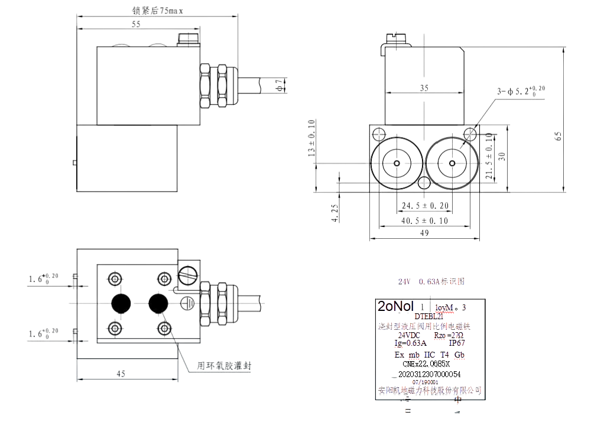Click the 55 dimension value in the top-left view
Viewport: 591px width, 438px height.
136,24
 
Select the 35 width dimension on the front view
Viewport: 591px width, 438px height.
424,87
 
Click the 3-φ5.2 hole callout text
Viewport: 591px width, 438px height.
521,91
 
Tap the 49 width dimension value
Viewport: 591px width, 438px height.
424,233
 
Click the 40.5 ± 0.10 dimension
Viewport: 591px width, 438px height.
424,220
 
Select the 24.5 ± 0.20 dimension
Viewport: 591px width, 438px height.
424,206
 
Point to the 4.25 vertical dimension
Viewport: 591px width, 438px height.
335,213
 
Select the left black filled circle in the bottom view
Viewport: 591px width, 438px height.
122,303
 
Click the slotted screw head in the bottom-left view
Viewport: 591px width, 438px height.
190,274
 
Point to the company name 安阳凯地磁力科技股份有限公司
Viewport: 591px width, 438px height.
430,390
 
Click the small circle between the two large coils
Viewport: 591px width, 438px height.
424,183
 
